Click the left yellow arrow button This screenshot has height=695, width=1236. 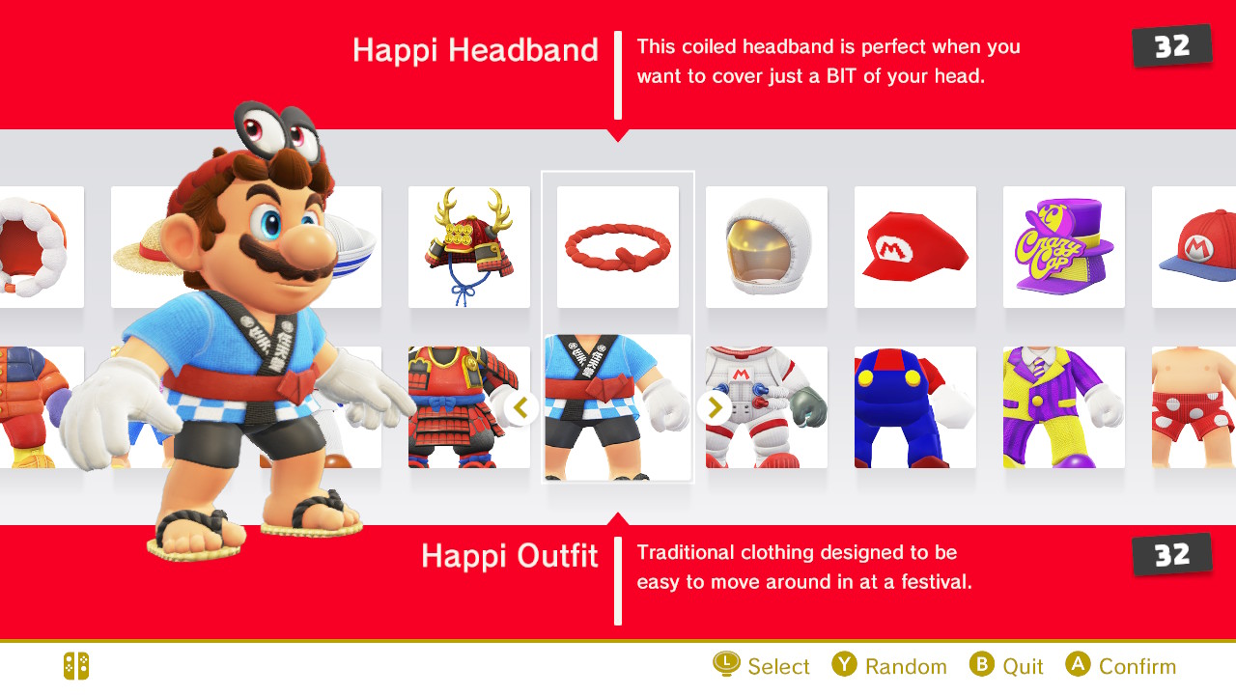pos(520,407)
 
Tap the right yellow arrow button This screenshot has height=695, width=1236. pos(715,407)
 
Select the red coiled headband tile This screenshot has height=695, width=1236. pos(617,246)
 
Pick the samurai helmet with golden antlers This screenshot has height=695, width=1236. pos(469,246)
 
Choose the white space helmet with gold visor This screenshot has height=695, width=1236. pos(767,246)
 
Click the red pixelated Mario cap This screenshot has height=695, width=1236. pos(914,246)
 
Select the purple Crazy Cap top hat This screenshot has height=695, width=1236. pos(1064,246)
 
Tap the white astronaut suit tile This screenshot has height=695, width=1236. pos(767,407)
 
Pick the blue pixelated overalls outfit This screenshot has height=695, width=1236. pos(914,407)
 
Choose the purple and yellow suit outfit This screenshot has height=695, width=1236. pos(1064,407)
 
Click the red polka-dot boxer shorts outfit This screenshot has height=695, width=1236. pos(1194,407)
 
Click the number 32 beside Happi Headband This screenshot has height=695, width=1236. pos(1172,46)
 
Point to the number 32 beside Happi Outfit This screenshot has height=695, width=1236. pos(1172,555)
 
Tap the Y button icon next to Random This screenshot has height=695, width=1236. pos(844,664)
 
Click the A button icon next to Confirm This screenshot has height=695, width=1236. pos(1079,664)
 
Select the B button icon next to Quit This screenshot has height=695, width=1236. pos(982,664)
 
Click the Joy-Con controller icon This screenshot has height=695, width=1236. pos(76,666)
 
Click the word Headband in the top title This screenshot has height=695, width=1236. pos(523,50)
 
